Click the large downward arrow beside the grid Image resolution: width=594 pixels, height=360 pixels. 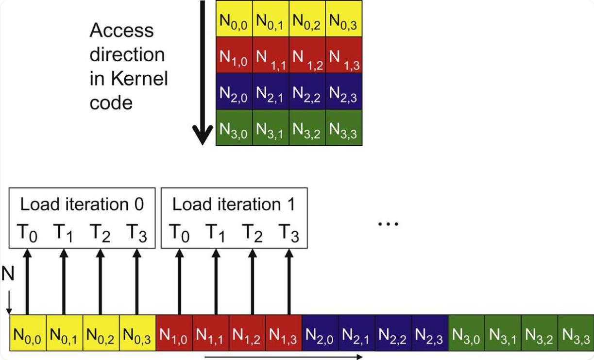tap(202, 73)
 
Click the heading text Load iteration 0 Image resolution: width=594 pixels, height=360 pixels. tap(82, 205)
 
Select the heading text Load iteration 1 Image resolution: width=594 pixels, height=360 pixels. tap(234, 205)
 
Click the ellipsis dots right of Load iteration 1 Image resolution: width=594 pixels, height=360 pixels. tap(388, 224)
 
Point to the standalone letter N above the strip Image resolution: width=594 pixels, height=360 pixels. tap(8, 275)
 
